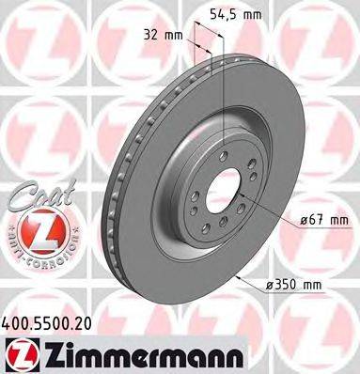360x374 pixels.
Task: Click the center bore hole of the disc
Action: [x=219, y=192]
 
